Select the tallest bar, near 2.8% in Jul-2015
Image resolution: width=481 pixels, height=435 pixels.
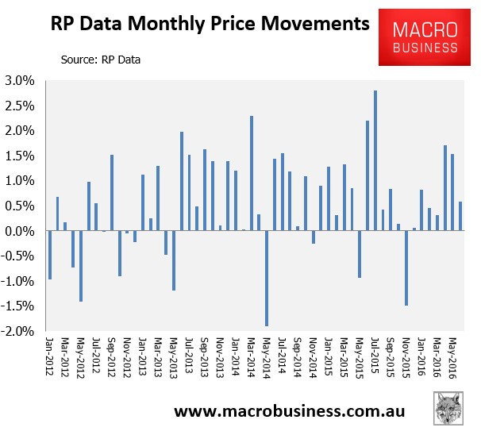(375, 160)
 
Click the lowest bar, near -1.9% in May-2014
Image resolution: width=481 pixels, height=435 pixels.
(267, 278)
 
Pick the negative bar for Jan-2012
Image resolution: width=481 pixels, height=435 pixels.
(50, 255)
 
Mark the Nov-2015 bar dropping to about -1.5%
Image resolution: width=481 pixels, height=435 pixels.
(406, 268)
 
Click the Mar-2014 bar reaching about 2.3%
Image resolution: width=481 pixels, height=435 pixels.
(252, 173)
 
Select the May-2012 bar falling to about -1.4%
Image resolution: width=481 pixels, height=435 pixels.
(81, 266)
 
